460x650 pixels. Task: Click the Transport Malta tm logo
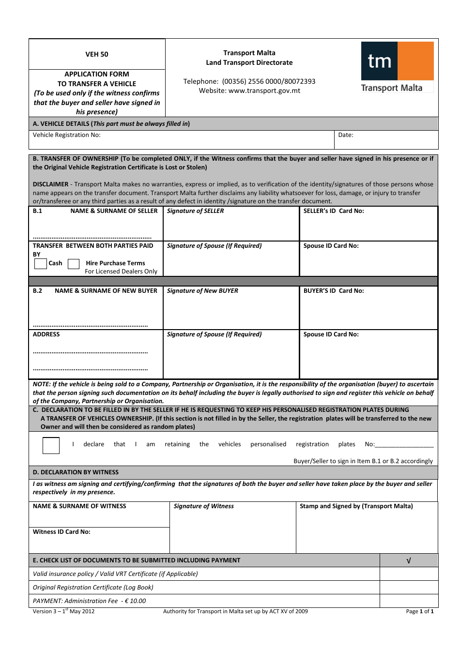click(397, 67)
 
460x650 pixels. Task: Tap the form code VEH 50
click(97, 54)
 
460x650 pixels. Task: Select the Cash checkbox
click(41, 264)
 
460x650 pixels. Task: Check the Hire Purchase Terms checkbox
click(74, 264)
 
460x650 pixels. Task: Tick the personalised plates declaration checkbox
click(51, 445)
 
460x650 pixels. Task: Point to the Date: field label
click(346, 135)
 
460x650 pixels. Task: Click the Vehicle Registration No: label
click(67, 135)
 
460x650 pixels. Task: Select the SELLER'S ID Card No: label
click(334, 211)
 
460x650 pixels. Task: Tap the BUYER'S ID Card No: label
click(334, 291)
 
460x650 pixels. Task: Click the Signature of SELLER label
click(195, 211)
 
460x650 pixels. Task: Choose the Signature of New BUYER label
click(202, 291)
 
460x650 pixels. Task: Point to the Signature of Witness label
click(203, 506)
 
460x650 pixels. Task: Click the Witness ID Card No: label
click(61, 532)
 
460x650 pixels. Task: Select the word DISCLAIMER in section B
click(51, 184)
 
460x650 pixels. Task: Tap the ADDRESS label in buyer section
click(46, 334)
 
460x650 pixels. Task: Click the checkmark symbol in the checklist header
click(409, 560)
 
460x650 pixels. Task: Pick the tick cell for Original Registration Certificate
click(409, 588)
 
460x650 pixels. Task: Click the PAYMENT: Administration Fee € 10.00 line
click(89, 601)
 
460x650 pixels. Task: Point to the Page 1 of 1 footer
click(420, 611)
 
